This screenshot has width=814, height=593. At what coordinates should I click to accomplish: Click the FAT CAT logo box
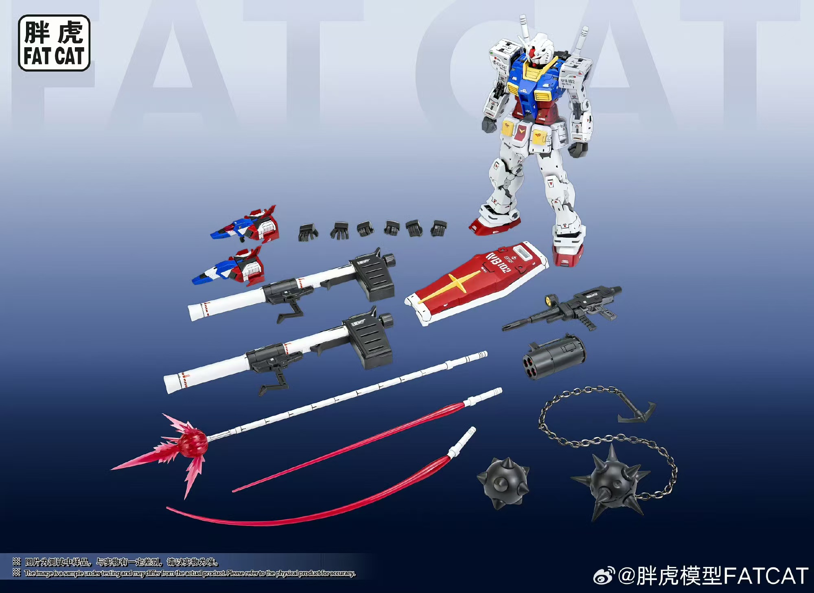(x=54, y=43)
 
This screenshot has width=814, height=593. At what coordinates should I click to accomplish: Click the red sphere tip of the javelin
(x=193, y=442)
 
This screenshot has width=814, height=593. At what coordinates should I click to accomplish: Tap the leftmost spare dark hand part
(x=308, y=232)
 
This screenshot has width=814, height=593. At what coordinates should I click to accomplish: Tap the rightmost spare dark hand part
(x=439, y=228)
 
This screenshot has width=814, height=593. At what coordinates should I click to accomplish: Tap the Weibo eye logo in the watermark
(x=605, y=576)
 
